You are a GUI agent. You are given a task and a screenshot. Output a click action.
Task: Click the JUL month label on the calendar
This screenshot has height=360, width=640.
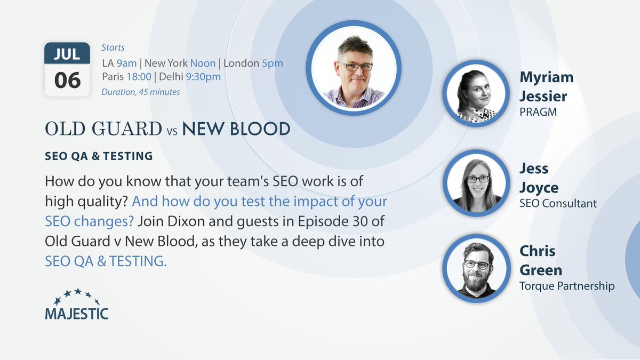tap(67, 54)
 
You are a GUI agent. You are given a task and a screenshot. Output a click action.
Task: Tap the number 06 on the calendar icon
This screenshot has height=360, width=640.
tap(67, 80)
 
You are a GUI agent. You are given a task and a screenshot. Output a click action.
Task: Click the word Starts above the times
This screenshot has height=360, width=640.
tap(113, 47)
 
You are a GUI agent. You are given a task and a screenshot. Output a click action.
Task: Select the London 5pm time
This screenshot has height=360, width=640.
tap(253, 63)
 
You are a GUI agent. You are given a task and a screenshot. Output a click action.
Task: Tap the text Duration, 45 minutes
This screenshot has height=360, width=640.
tap(141, 92)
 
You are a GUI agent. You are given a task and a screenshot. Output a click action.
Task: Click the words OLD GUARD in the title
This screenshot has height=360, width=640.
tap(103, 129)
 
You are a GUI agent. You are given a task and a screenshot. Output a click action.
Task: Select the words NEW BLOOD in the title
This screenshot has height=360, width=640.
tap(236, 129)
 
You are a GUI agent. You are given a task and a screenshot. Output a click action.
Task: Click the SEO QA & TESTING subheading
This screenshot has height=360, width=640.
tap(99, 156)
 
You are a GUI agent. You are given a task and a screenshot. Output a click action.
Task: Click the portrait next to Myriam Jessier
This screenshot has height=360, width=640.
tap(476, 93)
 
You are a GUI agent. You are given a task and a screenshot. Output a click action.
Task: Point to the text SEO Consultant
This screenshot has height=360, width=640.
tap(558, 203)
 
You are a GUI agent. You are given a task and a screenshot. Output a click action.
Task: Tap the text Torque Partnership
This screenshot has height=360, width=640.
tap(567, 286)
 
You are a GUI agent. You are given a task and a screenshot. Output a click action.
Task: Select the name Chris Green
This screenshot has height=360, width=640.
tap(541, 260)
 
